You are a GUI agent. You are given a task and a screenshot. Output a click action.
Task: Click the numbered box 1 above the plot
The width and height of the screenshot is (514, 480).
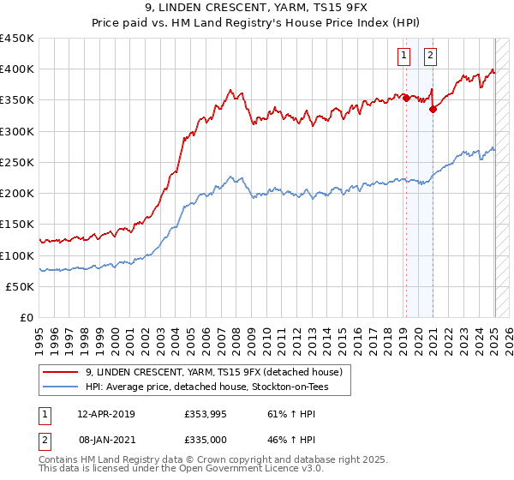point(403,57)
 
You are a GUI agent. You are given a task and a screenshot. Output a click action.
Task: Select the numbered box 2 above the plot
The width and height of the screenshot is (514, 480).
point(430,57)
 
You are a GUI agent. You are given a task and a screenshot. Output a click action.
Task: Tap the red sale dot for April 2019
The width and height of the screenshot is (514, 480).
point(406,98)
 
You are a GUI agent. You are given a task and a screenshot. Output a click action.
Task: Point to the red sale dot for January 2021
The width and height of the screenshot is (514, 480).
point(433,109)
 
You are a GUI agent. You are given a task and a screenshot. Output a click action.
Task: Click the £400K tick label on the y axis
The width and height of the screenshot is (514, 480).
point(17,69)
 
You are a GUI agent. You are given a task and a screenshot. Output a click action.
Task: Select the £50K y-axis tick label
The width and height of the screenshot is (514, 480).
point(21,287)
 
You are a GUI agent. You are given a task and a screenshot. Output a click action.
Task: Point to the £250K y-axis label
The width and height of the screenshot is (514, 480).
point(17,163)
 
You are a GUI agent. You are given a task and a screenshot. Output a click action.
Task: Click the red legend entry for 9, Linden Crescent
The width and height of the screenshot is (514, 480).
point(213,372)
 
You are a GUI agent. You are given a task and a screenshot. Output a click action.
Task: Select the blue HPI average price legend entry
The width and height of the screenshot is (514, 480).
point(206,387)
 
